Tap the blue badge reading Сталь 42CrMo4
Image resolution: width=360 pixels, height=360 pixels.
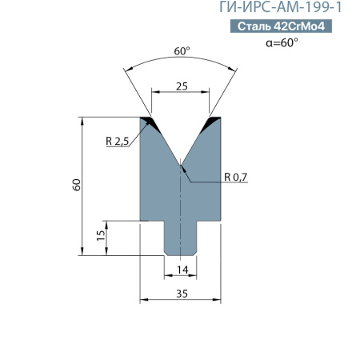(282, 26)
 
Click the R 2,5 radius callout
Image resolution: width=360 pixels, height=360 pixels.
(117, 142)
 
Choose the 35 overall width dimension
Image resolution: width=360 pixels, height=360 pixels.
(182, 294)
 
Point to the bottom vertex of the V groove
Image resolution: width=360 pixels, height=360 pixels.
(182, 166)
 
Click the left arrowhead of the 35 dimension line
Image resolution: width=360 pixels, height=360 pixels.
(144, 301)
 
